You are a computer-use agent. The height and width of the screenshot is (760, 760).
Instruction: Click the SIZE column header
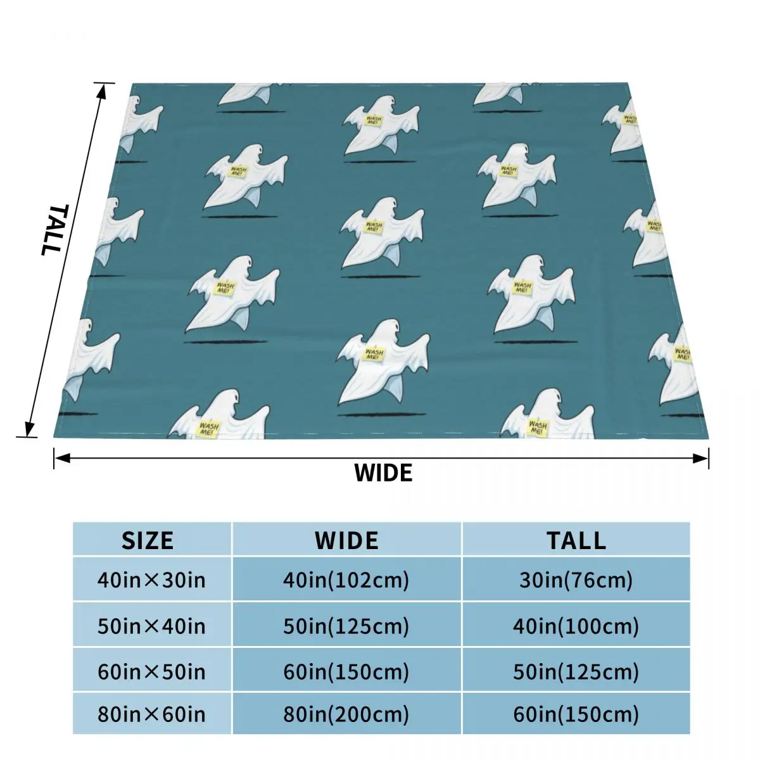point(148,540)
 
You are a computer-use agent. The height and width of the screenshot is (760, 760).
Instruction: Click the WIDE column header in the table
point(346,540)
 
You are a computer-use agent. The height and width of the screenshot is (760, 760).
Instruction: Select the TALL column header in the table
point(576,540)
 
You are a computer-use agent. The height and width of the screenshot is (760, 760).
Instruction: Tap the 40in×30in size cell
point(151,579)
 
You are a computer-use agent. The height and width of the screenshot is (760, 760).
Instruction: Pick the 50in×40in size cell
point(151,626)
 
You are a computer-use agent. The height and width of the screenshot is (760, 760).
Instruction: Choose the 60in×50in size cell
point(151,671)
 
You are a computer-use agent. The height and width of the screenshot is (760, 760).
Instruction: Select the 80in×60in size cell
point(151,715)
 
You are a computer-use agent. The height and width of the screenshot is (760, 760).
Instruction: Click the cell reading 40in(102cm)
point(346,579)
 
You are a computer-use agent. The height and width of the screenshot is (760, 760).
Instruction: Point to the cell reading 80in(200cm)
point(346,715)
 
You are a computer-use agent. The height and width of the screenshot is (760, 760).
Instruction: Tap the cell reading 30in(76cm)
point(576,579)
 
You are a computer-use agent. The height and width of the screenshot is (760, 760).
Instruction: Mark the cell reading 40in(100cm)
point(576,626)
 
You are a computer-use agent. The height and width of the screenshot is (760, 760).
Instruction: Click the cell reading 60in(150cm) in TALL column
point(576,715)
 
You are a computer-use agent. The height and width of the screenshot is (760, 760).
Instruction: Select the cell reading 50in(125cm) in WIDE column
point(346,626)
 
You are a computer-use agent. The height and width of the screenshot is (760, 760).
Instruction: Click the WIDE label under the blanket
point(383,473)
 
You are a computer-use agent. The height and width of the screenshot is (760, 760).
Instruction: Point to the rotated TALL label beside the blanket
point(52,229)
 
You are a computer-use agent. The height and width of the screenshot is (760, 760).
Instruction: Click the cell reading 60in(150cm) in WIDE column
point(346,671)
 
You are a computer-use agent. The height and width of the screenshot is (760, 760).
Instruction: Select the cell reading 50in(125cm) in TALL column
point(576,671)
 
